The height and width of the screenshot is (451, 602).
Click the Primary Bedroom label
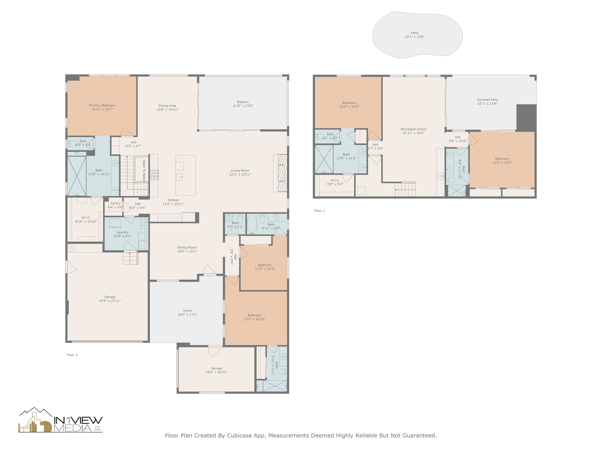click(102, 105)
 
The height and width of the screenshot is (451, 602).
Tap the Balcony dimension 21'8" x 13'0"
click(243, 106)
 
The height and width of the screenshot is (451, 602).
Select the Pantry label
click(115, 203)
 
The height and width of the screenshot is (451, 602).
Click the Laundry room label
click(122, 232)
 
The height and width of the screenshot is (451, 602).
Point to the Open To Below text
click(144, 171)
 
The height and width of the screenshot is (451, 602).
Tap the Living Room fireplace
click(280, 173)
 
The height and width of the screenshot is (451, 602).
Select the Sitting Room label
click(187, 248)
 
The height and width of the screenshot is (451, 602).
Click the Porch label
click(187, 311)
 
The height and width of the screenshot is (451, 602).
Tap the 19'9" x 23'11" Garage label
click(110, 299)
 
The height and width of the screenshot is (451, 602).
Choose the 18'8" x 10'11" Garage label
click(216, 370)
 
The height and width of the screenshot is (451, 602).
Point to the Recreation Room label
click(413, 129)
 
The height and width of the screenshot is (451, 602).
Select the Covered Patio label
click(487, 100)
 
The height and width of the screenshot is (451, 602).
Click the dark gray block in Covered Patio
click(526, 117)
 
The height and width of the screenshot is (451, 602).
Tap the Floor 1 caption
click(320, 211)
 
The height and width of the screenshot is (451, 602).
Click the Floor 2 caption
click(72, 355)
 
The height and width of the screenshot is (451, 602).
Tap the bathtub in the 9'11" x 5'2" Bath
click(252, 224)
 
